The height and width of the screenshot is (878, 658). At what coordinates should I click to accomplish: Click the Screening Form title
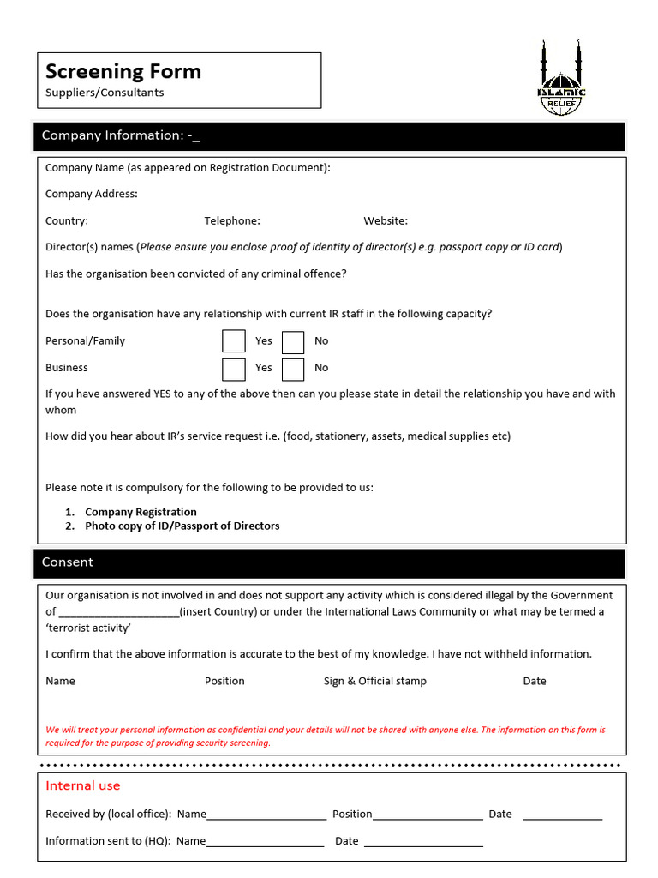pos(123,71)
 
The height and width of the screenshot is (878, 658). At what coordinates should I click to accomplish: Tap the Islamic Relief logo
pos(561,80)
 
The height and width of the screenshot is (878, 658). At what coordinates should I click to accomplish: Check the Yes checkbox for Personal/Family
pos(233,341)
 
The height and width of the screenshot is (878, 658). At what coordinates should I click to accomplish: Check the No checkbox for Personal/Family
pos(293,342)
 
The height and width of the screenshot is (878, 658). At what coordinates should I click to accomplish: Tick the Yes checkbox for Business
pos(233,369)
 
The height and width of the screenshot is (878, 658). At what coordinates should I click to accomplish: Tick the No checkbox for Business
pos(293,369)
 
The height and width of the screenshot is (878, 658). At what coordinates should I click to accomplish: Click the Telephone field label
pos(232,220)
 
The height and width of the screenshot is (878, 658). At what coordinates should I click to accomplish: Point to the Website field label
pos(386,220)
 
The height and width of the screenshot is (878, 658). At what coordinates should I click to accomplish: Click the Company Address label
pos(91,194)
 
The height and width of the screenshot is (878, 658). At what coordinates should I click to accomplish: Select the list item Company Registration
pos(141,512)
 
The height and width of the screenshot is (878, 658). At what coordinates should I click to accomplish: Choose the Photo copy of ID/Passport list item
pos(182,526)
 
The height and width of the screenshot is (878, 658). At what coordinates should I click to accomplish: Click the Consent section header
pos(68,562)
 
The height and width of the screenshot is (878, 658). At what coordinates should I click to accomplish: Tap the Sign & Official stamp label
pos(374,681)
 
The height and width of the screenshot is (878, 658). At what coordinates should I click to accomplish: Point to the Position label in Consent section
pos(224,681)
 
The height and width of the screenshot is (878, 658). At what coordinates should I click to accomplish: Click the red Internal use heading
pos(83,785)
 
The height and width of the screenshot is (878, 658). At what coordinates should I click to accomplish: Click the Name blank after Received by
pos(266,815)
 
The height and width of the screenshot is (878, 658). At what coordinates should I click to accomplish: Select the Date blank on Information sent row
pos(423,842)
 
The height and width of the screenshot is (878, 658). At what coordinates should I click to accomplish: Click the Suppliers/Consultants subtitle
pos(105,93)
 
